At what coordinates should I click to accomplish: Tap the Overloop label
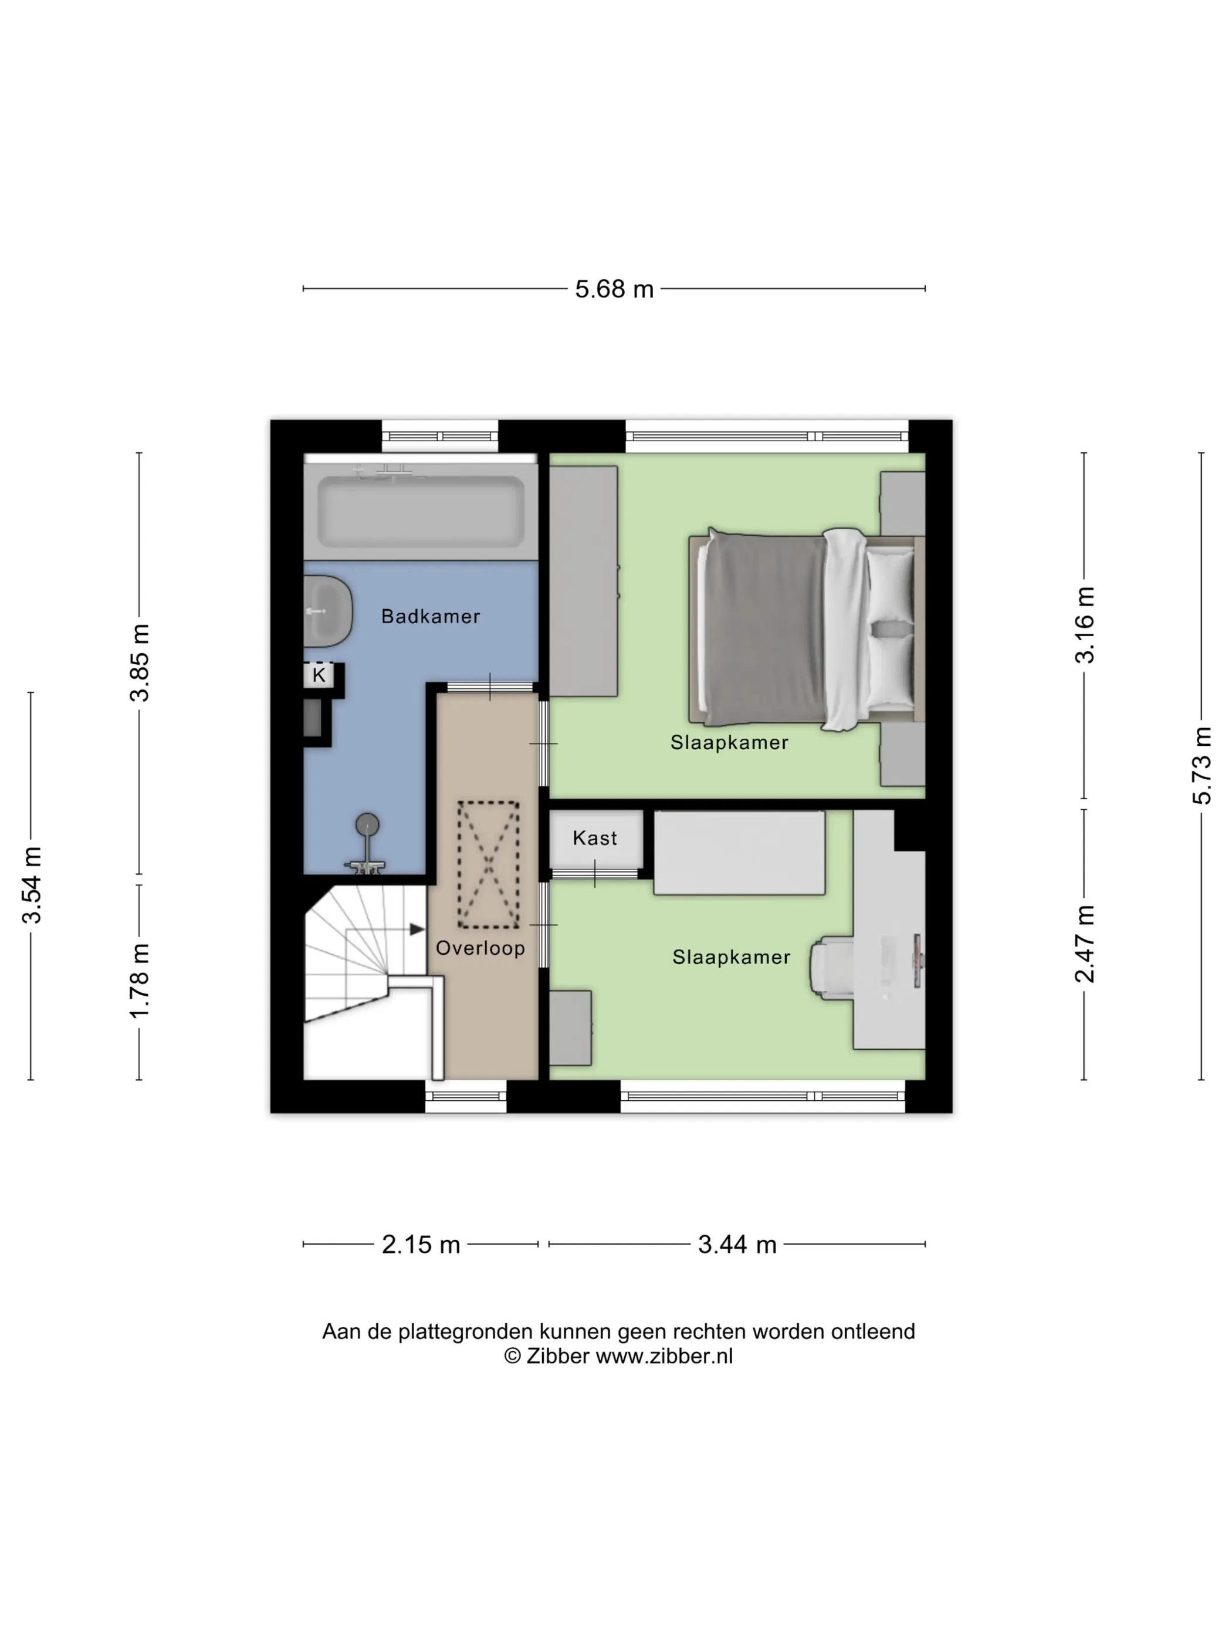tap(480, 948)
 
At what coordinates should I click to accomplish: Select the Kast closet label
tap(595, 838)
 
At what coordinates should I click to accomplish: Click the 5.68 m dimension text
tap(614, 289)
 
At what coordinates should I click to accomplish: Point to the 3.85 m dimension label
tap(140, 662)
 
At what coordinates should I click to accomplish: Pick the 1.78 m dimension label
tap(140, 981)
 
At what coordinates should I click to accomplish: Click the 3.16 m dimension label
tap(1084, 625)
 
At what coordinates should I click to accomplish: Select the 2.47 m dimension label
tap(1084, 944)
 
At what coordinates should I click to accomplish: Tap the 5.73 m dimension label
tap(1201, 766)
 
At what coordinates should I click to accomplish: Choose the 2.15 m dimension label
tap(421, 1244)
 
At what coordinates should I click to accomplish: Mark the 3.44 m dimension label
tap(737, 1244)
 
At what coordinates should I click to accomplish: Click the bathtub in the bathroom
tap(420, 511)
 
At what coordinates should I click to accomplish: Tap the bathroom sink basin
tap(327, 611)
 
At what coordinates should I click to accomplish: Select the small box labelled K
tap(319, 675)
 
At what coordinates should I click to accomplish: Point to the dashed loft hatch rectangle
tap(488, 864)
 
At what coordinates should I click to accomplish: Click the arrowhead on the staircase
tap(417, 929)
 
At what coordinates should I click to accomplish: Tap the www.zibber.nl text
tap(664, 1355)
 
